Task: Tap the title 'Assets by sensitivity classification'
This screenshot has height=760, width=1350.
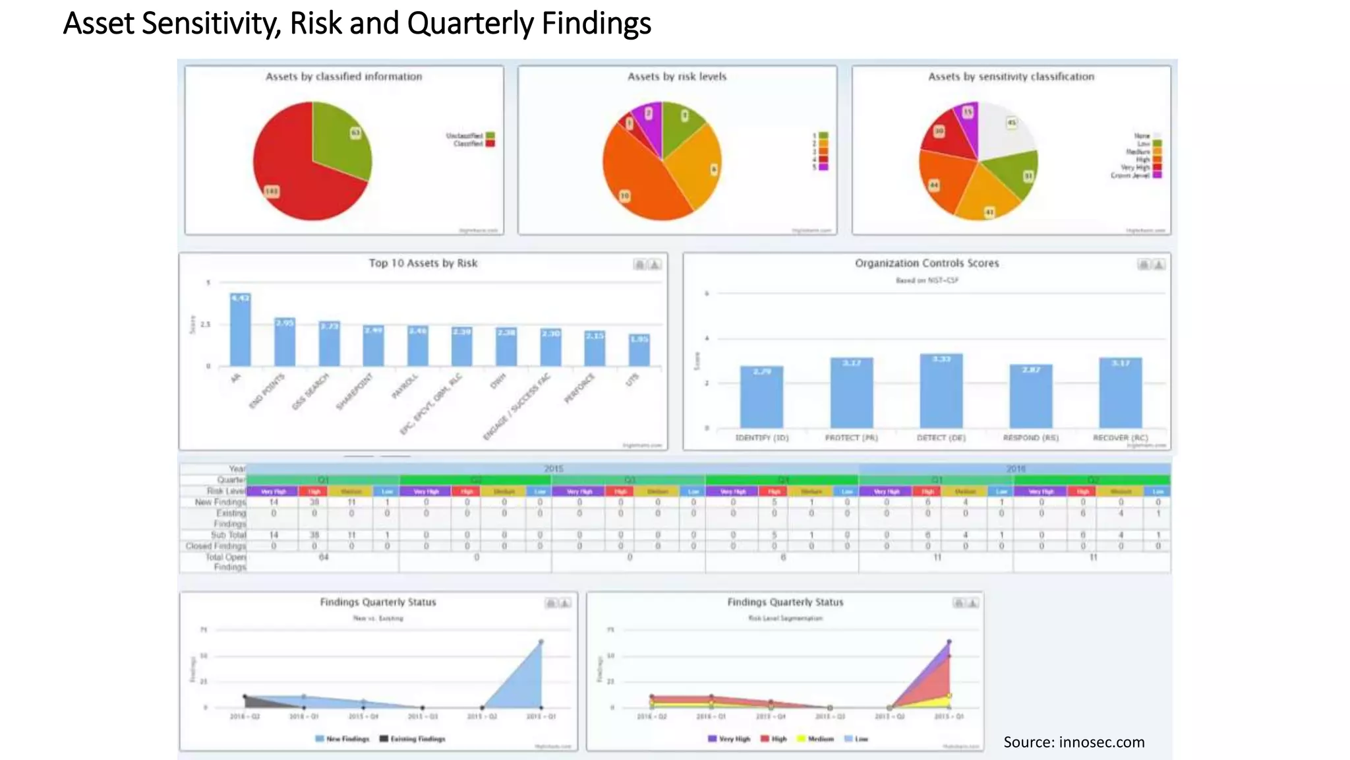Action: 1011,77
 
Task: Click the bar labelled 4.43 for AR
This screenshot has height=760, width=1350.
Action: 240,330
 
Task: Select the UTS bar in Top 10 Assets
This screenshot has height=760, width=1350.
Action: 639,350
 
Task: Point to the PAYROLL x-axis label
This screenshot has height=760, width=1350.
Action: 405,387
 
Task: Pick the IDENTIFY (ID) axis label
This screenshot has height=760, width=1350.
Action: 761,438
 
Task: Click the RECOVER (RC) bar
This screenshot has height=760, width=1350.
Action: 1120,393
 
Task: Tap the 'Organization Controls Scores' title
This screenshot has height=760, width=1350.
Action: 926,263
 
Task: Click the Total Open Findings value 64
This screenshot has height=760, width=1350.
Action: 324,557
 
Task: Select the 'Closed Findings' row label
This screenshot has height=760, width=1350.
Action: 216,546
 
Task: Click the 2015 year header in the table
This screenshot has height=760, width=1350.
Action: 553,468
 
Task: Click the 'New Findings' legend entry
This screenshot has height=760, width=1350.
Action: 343,739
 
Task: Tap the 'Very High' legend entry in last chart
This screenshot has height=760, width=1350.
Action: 729,739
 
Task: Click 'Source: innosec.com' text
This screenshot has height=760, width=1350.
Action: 1073,742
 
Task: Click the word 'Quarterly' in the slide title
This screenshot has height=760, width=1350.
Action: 470,24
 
